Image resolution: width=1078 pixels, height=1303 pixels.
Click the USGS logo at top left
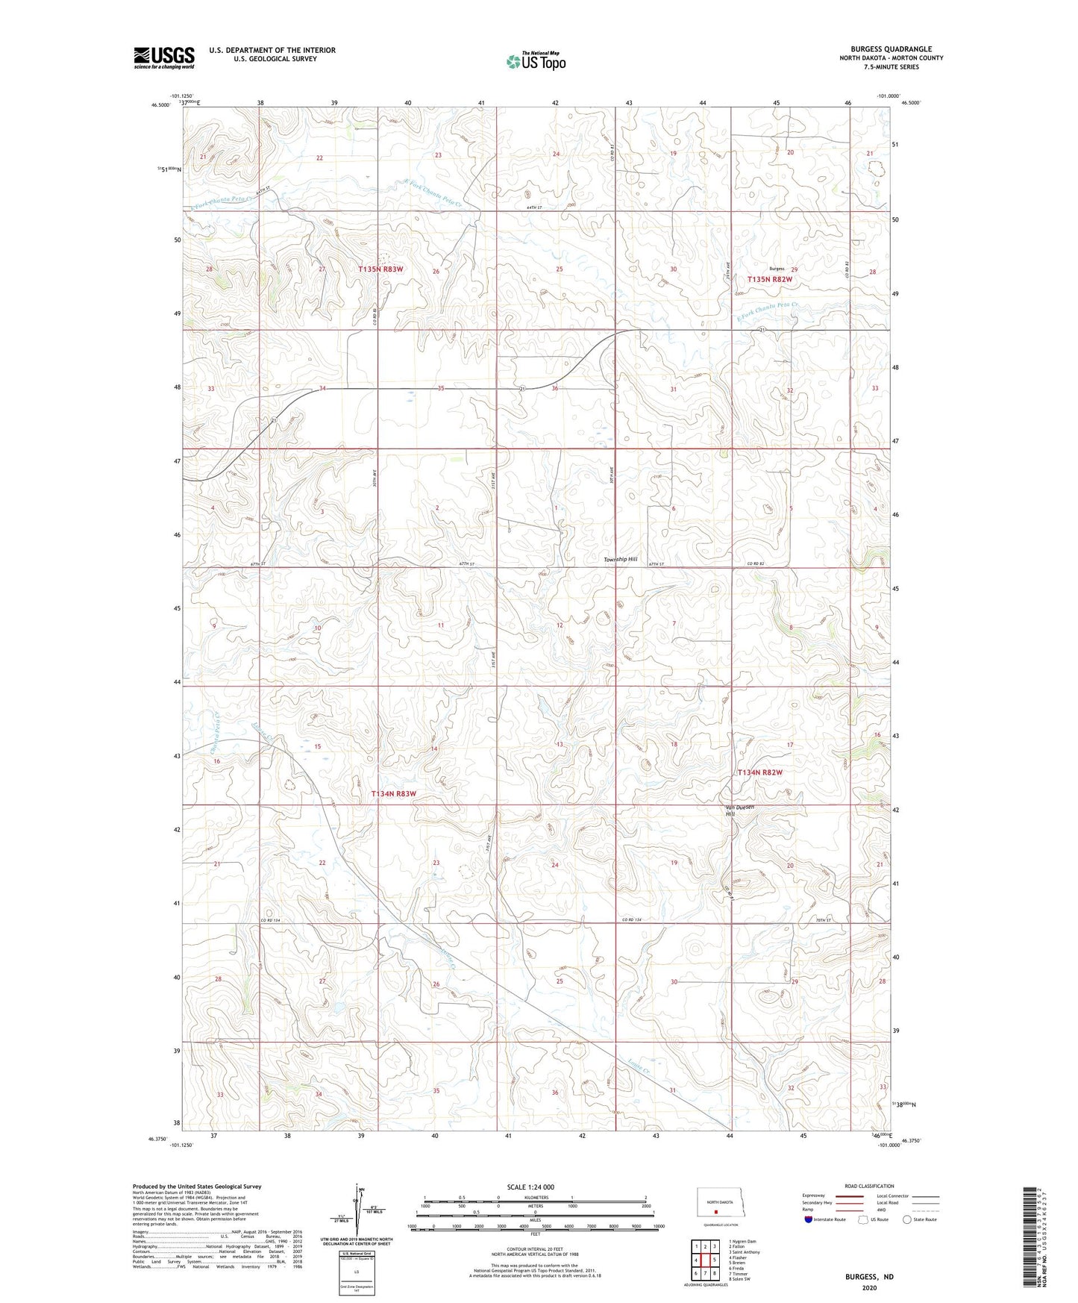pyautogui.click(x=163, y=57)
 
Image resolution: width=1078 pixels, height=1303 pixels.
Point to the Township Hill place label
pyautogui.click(x=621, y=559)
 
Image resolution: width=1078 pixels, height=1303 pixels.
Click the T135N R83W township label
pyautogui.click(x=380, y=269)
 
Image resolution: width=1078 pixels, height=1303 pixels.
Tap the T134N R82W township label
pyautogui.click(x=759, y=772)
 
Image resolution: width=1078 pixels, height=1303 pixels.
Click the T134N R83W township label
pyautogui.click(x=393, y=794)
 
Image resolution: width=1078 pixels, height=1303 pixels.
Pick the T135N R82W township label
pyautogui.click(x=769, y=279)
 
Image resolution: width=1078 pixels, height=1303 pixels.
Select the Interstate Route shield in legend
pyautogui.click(x=809, y=1219)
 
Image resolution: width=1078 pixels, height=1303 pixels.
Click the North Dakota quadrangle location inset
pyautogui.click(x=719, y=1205)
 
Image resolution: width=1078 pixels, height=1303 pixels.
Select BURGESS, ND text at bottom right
pyautogui.click(x=869, y=1277)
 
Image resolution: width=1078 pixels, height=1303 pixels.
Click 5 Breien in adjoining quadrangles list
pyautogui.click(x=737, y=1263)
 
